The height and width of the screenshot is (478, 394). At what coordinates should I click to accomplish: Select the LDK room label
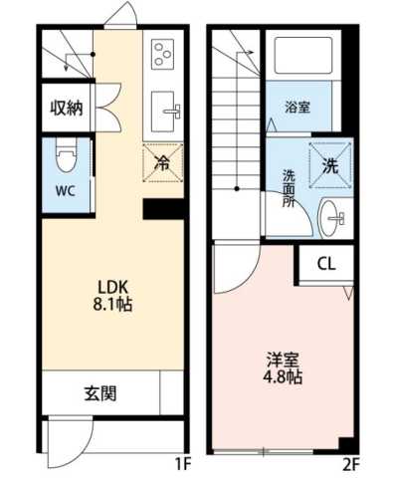tap(112, 283)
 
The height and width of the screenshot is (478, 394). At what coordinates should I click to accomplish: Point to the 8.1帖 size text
tap(112, 303)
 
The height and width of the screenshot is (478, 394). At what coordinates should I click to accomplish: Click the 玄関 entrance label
tap(100, 392)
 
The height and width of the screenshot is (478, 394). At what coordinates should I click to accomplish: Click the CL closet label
tap(326, 263)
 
